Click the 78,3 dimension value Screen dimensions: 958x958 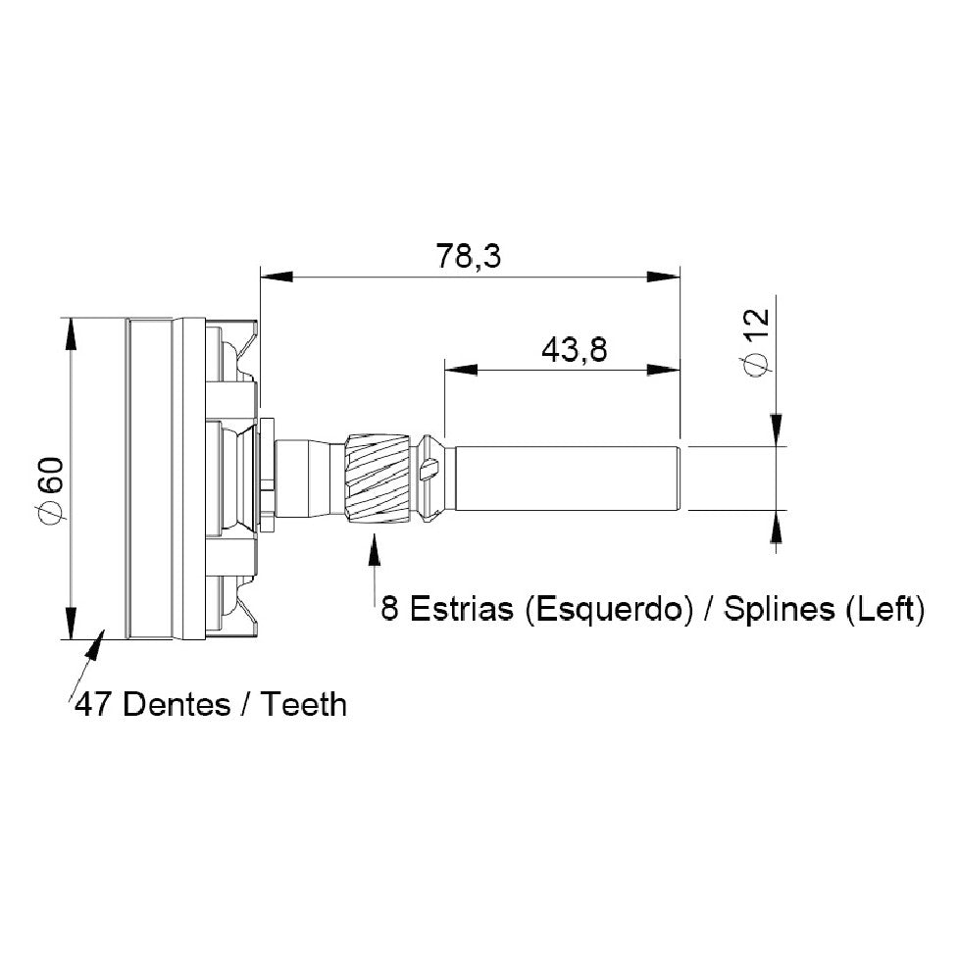pyautogui.click(x=469, y=256)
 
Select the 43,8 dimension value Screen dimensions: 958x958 pyautogui.click(x=575, y=350)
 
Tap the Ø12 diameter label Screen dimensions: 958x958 pyautogui.click(x=756, y=342)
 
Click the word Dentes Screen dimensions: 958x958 pyautogui.click(x=176, y=704)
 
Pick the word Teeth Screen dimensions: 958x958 pyautogui.click(x=304, y=704)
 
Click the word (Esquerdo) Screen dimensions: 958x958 pyautogui.click(x=610, y=609)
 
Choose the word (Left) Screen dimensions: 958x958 pyautogui.click(x=885, y=609)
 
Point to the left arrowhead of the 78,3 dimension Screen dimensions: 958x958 pyautogui.click(x=277, y=277)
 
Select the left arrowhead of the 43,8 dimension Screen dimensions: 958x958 pyautogui.click(x=461, y=369)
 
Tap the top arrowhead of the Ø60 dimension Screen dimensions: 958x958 pyautogui.click(x=71, y=334)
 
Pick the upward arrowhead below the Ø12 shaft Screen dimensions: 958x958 pyautogui.click(x=776, y=526)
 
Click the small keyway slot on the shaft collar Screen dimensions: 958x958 pyautogui.click(x=430, y=470)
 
